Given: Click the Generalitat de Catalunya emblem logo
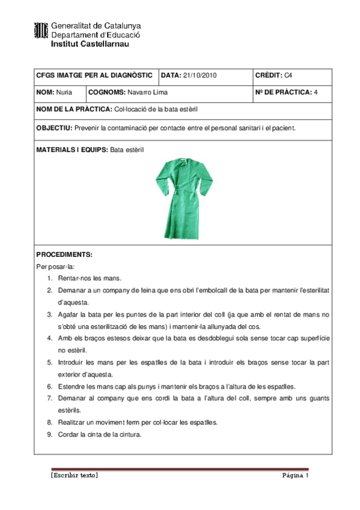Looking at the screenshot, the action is tap(41, 31).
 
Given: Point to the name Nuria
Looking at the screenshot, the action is tap(64, 93).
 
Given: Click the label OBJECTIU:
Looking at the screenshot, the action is tap(54, 127).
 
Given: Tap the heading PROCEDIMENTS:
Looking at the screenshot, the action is tap(64, 254).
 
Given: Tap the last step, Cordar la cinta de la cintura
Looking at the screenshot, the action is tap(100, 434).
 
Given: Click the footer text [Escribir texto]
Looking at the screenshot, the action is tap(75, 476).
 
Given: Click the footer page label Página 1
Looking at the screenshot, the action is tap(296, 476).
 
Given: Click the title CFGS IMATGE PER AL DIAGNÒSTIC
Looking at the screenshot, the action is tap(94, 76).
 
